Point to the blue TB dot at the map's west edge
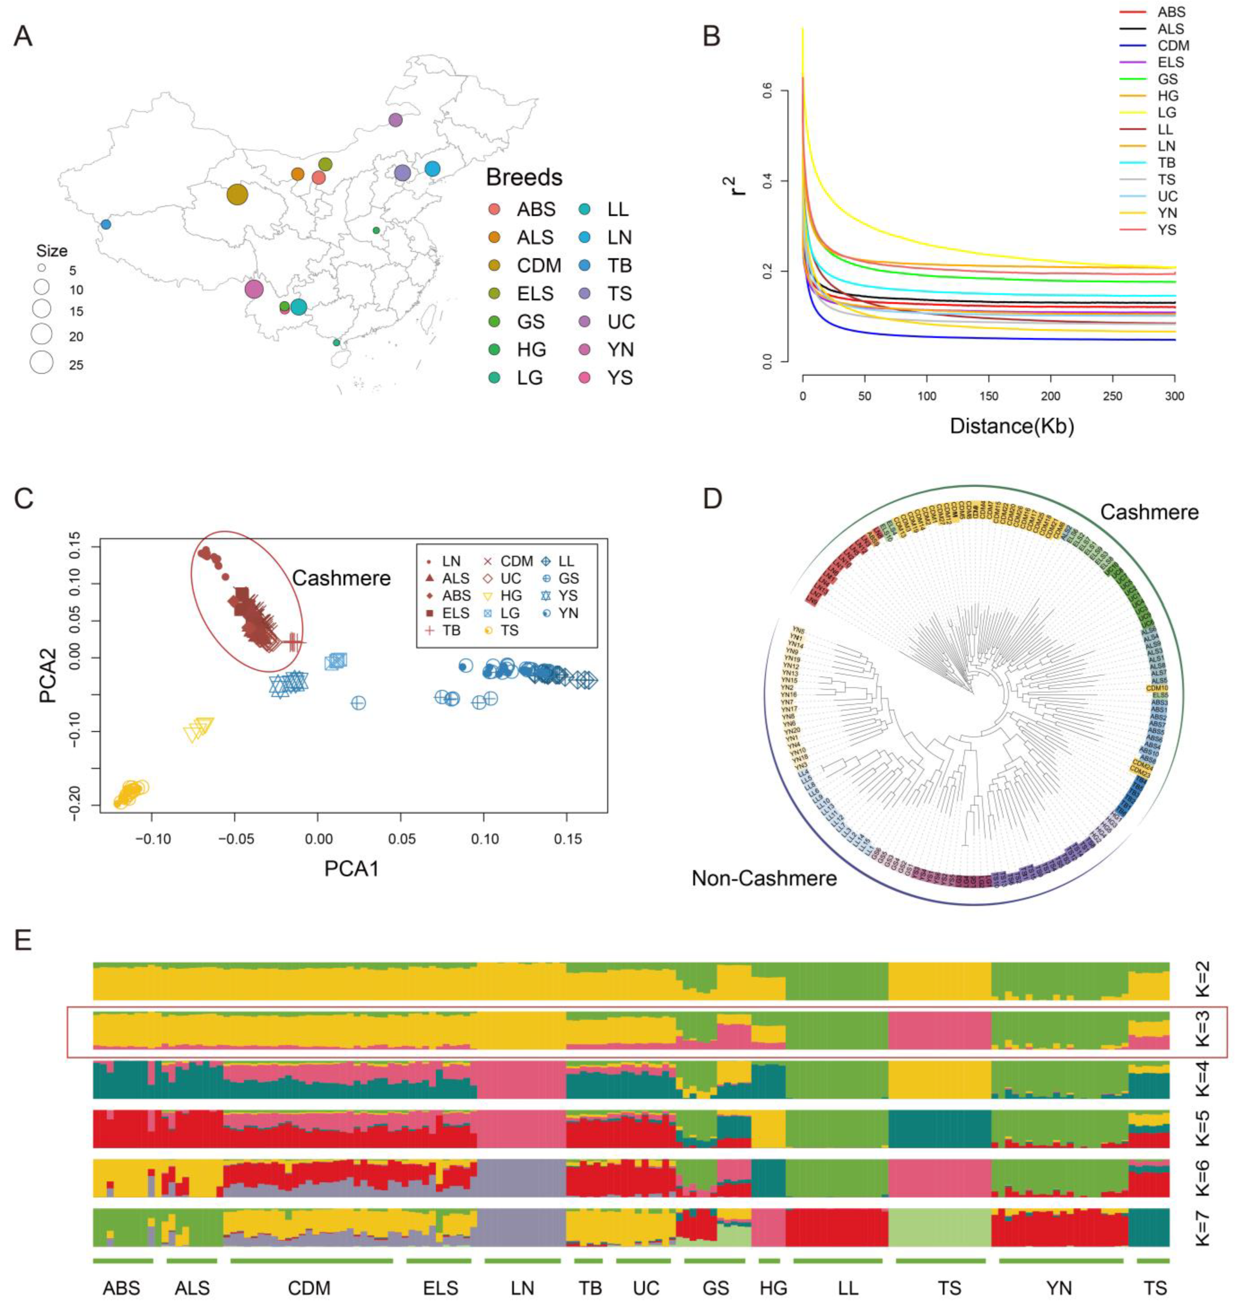106,224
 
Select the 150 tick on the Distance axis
989,396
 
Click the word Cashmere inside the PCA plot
341,578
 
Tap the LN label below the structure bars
522,1288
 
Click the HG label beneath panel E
773,1288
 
